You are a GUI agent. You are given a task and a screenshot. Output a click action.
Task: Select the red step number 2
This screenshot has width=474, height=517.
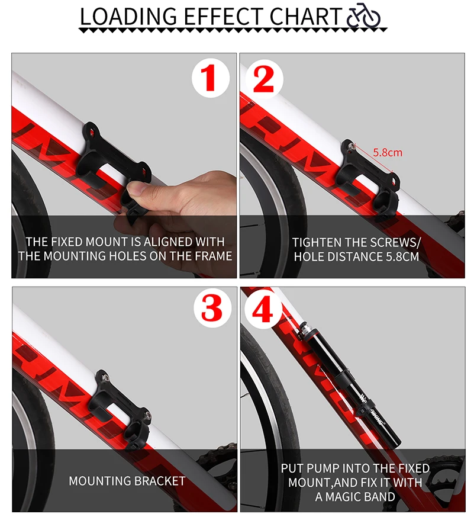point(263,79)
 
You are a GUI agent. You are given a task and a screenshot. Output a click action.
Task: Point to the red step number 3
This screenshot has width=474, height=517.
point(211,309)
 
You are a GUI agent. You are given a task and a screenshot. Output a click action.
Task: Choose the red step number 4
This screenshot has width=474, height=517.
point(263,309)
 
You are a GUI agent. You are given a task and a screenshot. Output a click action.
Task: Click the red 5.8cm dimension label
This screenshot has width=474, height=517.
point(388,152)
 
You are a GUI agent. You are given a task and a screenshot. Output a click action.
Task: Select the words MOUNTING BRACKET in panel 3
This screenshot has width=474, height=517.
point(127,481)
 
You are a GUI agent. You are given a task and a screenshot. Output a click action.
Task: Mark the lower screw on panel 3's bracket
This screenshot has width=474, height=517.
point(148,415)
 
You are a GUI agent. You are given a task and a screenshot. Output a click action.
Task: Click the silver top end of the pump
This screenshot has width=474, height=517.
point(307,329)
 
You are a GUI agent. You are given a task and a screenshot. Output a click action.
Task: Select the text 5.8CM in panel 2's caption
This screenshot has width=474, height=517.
point(402,256)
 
